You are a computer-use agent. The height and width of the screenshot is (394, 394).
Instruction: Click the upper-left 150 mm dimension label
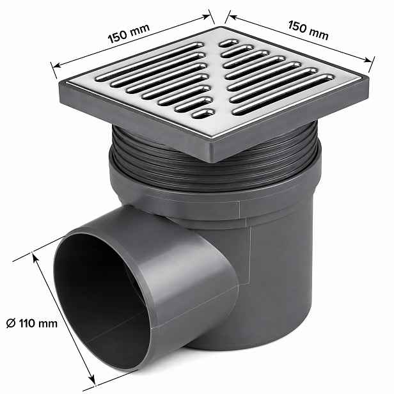click(x=129, y=33)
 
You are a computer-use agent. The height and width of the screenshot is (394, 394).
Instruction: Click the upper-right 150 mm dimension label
click(x=308, y=31)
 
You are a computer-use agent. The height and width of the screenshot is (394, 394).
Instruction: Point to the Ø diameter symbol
click(x=11, y=323)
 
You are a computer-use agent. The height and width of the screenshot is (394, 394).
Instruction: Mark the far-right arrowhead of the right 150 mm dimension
click(x=368, y=60)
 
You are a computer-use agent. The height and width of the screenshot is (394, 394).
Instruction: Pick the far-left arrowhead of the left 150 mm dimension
click(x=56, y=65)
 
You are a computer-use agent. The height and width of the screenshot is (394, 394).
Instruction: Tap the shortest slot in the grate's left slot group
click(x=203, y=114)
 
